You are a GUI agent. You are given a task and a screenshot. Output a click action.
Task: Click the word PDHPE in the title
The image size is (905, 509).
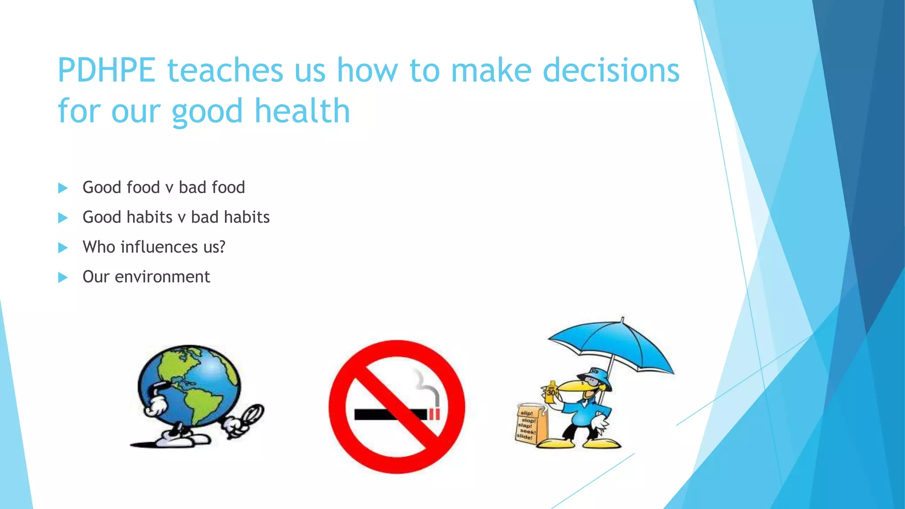[106, 71]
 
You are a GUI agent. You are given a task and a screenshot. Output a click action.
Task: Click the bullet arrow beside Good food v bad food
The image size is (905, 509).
[63, 188]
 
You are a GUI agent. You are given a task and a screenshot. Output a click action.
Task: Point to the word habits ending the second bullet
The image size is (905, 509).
[247, 217]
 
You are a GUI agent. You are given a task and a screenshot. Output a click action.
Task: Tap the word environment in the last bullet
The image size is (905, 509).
[162, 277]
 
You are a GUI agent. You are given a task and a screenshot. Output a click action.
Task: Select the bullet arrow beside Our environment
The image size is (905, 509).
[63, 277]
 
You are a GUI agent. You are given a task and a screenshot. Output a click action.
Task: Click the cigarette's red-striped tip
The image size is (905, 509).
[434, 414]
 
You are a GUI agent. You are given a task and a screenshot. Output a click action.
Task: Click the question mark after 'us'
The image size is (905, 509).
[222, 247]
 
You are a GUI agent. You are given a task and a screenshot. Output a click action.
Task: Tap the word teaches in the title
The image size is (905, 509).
[225, 71]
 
